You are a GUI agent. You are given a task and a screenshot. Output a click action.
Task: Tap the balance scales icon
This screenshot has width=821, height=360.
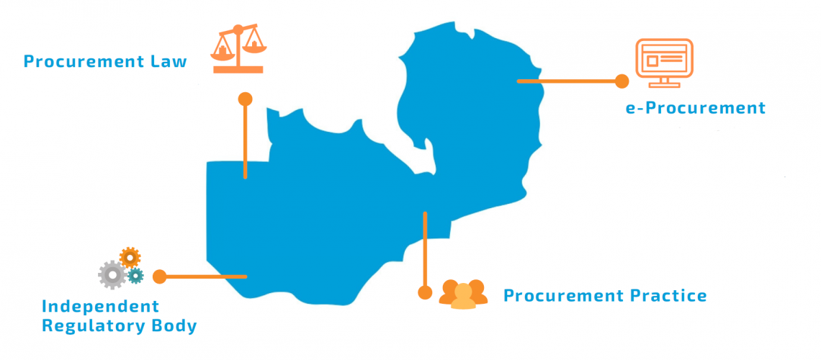238,49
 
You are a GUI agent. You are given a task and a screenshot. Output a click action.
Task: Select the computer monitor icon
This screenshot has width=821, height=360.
664,63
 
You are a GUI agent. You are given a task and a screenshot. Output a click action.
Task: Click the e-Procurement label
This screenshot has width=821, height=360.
696,108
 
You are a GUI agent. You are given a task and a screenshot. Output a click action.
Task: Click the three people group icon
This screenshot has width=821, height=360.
463,294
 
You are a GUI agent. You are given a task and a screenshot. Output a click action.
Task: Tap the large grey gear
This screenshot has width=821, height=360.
112,275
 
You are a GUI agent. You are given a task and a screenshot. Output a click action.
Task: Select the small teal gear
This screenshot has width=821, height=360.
135,275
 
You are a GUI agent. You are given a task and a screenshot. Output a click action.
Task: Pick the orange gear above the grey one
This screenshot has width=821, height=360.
130,258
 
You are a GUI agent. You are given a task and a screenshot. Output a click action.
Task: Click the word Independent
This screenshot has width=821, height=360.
100,306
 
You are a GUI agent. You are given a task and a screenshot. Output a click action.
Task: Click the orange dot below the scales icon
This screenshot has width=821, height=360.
245,99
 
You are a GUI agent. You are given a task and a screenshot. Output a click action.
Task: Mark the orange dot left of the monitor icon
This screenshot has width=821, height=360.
622,81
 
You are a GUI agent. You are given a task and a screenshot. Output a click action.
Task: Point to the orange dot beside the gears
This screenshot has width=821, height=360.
159,276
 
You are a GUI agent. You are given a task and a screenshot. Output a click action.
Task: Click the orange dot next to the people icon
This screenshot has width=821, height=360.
425,292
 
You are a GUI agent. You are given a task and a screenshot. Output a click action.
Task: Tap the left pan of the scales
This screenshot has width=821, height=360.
222,50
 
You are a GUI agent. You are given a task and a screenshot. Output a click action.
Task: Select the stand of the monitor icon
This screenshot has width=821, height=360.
663,83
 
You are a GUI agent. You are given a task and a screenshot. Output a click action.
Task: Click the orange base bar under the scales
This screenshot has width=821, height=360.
238,70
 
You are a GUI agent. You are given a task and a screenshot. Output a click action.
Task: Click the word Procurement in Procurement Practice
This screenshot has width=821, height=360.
561,296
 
